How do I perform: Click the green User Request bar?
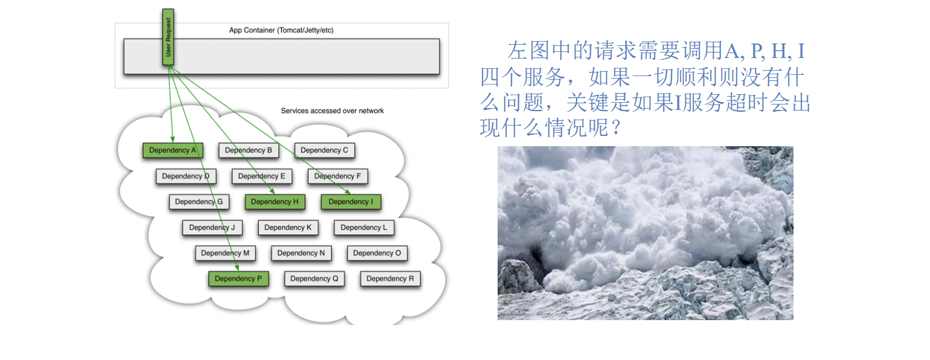pos(168,37)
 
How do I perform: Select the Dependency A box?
pos(173,150)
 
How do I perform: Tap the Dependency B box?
pos(249,150)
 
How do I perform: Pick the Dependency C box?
pos(324,150)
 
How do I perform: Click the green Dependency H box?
pos(275,202)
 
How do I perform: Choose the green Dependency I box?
pos(351,202)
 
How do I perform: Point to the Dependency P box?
pos(239,278)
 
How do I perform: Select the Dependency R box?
pos(390,278)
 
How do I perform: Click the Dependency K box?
pos(288,228)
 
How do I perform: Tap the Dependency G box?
pos(199,202)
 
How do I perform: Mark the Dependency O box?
pos(377,253)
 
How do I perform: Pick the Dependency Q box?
pos(315,278)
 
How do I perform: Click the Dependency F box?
pos(338,176)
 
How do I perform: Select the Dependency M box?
pos(225,253)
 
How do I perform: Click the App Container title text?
pos(281,30)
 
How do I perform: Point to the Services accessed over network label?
pos(332,111)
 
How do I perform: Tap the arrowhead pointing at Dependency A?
pos(173,138)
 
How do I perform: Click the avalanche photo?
pos(645,233)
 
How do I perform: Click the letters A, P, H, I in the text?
pos(765,51)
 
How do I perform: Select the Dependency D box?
pos(186,176)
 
